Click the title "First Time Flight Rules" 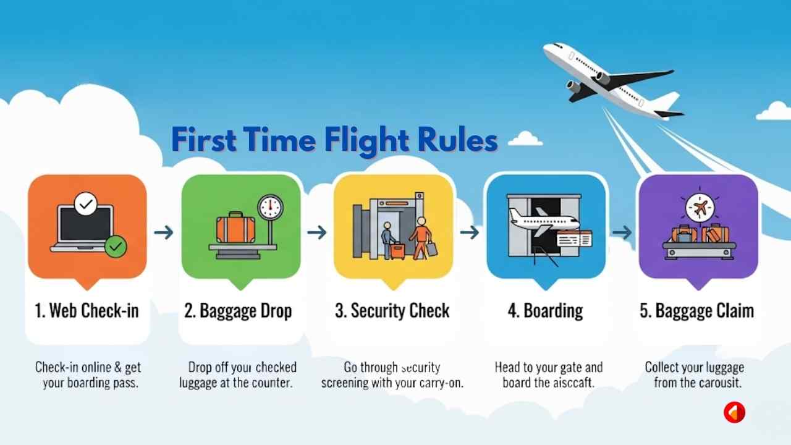[x=334, y=140]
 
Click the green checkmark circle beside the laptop [x=116, y=247]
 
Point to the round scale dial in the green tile [x=270, y=207]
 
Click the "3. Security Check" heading [x=392, y=310]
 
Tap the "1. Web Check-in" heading [x=87, y=310]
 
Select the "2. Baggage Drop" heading [x=238, y=310]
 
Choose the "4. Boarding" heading [x=545, y=310]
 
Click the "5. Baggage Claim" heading [x=696, y=310]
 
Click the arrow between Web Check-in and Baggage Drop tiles [x=163, y=232]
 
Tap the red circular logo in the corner [x=735, y=412]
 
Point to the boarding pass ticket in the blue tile [x=574, y=239]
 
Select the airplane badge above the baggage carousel [x=698, y=208]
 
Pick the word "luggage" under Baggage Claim [x=720, y=368]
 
